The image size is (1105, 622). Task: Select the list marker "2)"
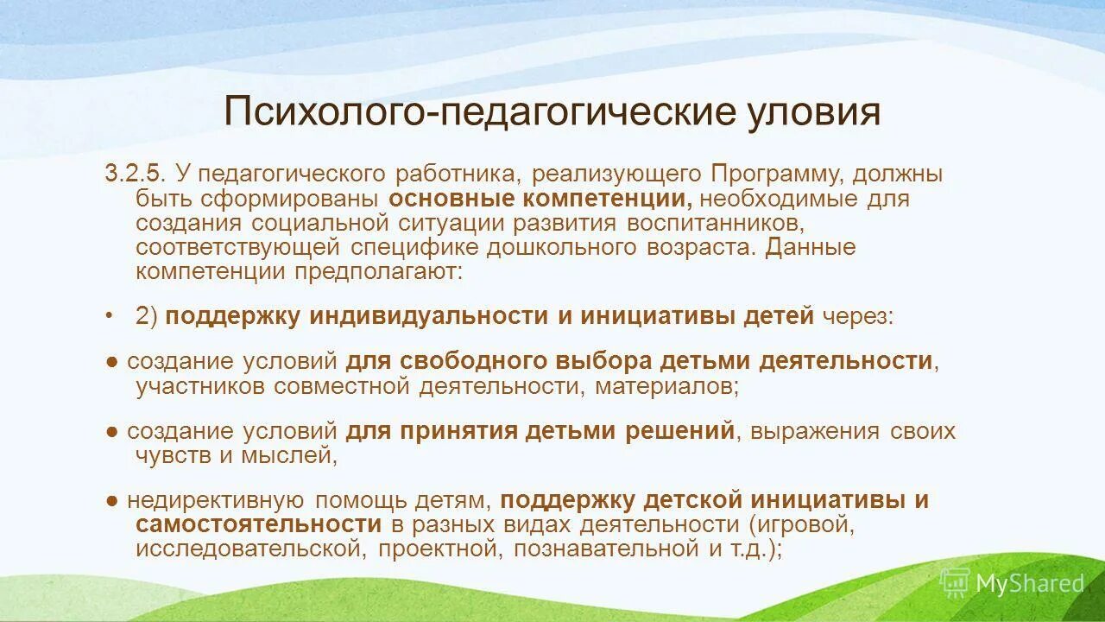(x=147, y=316)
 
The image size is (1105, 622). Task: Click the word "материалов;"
(x=665, y=385)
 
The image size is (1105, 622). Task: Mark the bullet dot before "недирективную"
(x=112, y=500)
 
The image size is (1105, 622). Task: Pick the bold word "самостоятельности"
(x=258, y=524)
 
